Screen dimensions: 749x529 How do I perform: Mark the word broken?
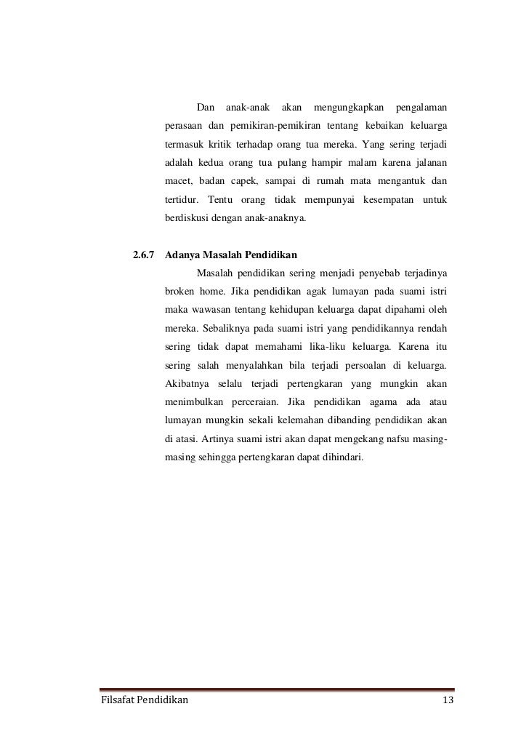(x=180, y=292)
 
